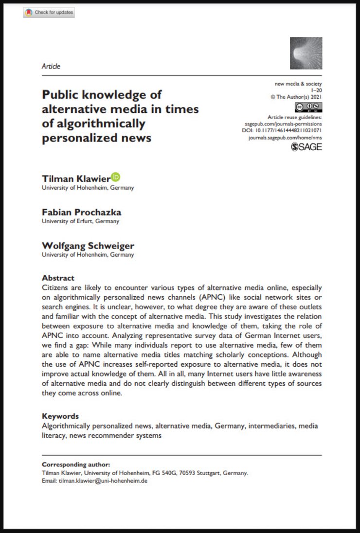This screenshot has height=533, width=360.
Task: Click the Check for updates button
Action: pyautogui.click(x=49, y=13)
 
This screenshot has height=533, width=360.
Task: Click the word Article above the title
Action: pyautogui.click(x=51, y=66)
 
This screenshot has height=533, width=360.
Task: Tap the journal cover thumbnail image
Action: pyautogui.click(x=306, y=53)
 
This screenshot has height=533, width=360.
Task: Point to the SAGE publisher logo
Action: pyautogui.click(x=306, y=147)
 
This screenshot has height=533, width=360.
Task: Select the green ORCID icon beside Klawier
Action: pyautogui.click(x=115, y=177)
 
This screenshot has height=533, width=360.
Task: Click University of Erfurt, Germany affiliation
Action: pyautogui.click(x=80, y=221)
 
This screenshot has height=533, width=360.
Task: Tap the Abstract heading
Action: pyautogui.click(x=58, y=278)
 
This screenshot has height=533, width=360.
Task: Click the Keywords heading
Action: pyautogui.click(x=60, y=416)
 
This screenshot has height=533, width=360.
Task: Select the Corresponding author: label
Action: pyautogui.click(x=76, y=464)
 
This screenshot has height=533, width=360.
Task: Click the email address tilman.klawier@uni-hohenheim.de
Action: pyautogui.click(x=103, y=480)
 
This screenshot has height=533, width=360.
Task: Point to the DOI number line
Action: pyautogui.click(x=282, y=130)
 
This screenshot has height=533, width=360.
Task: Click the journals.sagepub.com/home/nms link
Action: pyautogui.click(x=285, y=138)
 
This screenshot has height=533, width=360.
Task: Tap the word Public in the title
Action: pyautogui.click(x=61, y=94)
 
